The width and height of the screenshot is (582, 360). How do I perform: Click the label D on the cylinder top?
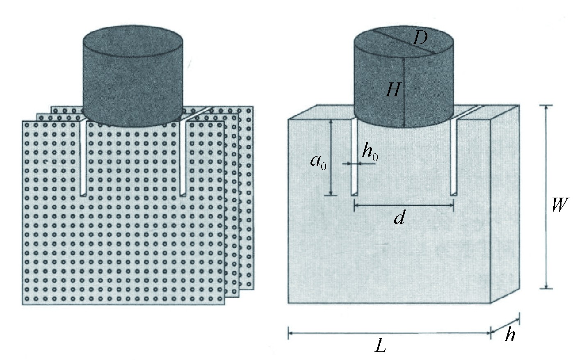pyautogui.click(x=420, y=39)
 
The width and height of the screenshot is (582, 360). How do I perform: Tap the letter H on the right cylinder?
pyautogui.click(x=393, y=90)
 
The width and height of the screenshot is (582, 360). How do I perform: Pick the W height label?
pyautogui.click(x=558, y=204)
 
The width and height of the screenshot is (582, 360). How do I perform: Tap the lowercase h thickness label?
pyautogui.click(x=509, y=335)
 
